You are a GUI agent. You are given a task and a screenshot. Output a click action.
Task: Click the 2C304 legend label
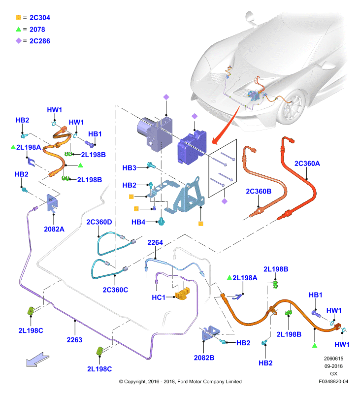pyautogui.click(x=40, y=18)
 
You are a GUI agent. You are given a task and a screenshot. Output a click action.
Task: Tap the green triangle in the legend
pyautogui.click(x=18, y=29)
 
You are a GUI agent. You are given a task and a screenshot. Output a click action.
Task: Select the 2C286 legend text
pyautogui.click(x=40, y=41)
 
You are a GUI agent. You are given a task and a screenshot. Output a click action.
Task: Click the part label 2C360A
pyautogui.click(x=307, y=164)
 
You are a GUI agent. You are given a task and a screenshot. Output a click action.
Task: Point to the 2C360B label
pyautogui.click(x=259, y=191)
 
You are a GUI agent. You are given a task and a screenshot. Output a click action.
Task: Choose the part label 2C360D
pyautogui.click(x=99, y=222)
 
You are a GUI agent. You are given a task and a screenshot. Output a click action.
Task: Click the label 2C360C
pyautogui.click(x=115, y=290)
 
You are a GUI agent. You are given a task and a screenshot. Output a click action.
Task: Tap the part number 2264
pyautogui.click(x=155, y=242)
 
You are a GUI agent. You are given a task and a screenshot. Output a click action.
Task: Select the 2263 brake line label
pyautogui.click(x=74, y=340)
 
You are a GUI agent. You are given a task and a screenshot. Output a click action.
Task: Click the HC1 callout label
pyautogui.click(x=159, y=297)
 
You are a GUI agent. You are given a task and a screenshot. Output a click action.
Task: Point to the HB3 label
pyautogui.click(x=129, y=168)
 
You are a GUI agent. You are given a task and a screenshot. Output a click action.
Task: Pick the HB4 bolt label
pyautogui.click(x=138, y=222)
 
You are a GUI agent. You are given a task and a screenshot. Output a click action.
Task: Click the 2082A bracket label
pyautogui.click(x=54, y=229)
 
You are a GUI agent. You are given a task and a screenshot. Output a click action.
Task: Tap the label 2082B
pyautogui.click(x=204, y=358)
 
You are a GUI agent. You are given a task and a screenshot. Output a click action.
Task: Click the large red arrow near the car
pyautogui.click(x=226, y=125)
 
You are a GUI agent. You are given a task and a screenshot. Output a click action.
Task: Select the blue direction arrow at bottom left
pyautogui.click(x=38, y=359)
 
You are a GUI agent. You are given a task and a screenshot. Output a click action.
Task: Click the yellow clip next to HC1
pyautogui.click(x=183, y=294)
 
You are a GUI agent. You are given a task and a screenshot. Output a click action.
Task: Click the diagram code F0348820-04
pyautogui.click(x=333, y=381)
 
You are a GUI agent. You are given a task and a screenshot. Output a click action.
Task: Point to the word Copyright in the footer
pyautogui.click(x=135, y=382)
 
